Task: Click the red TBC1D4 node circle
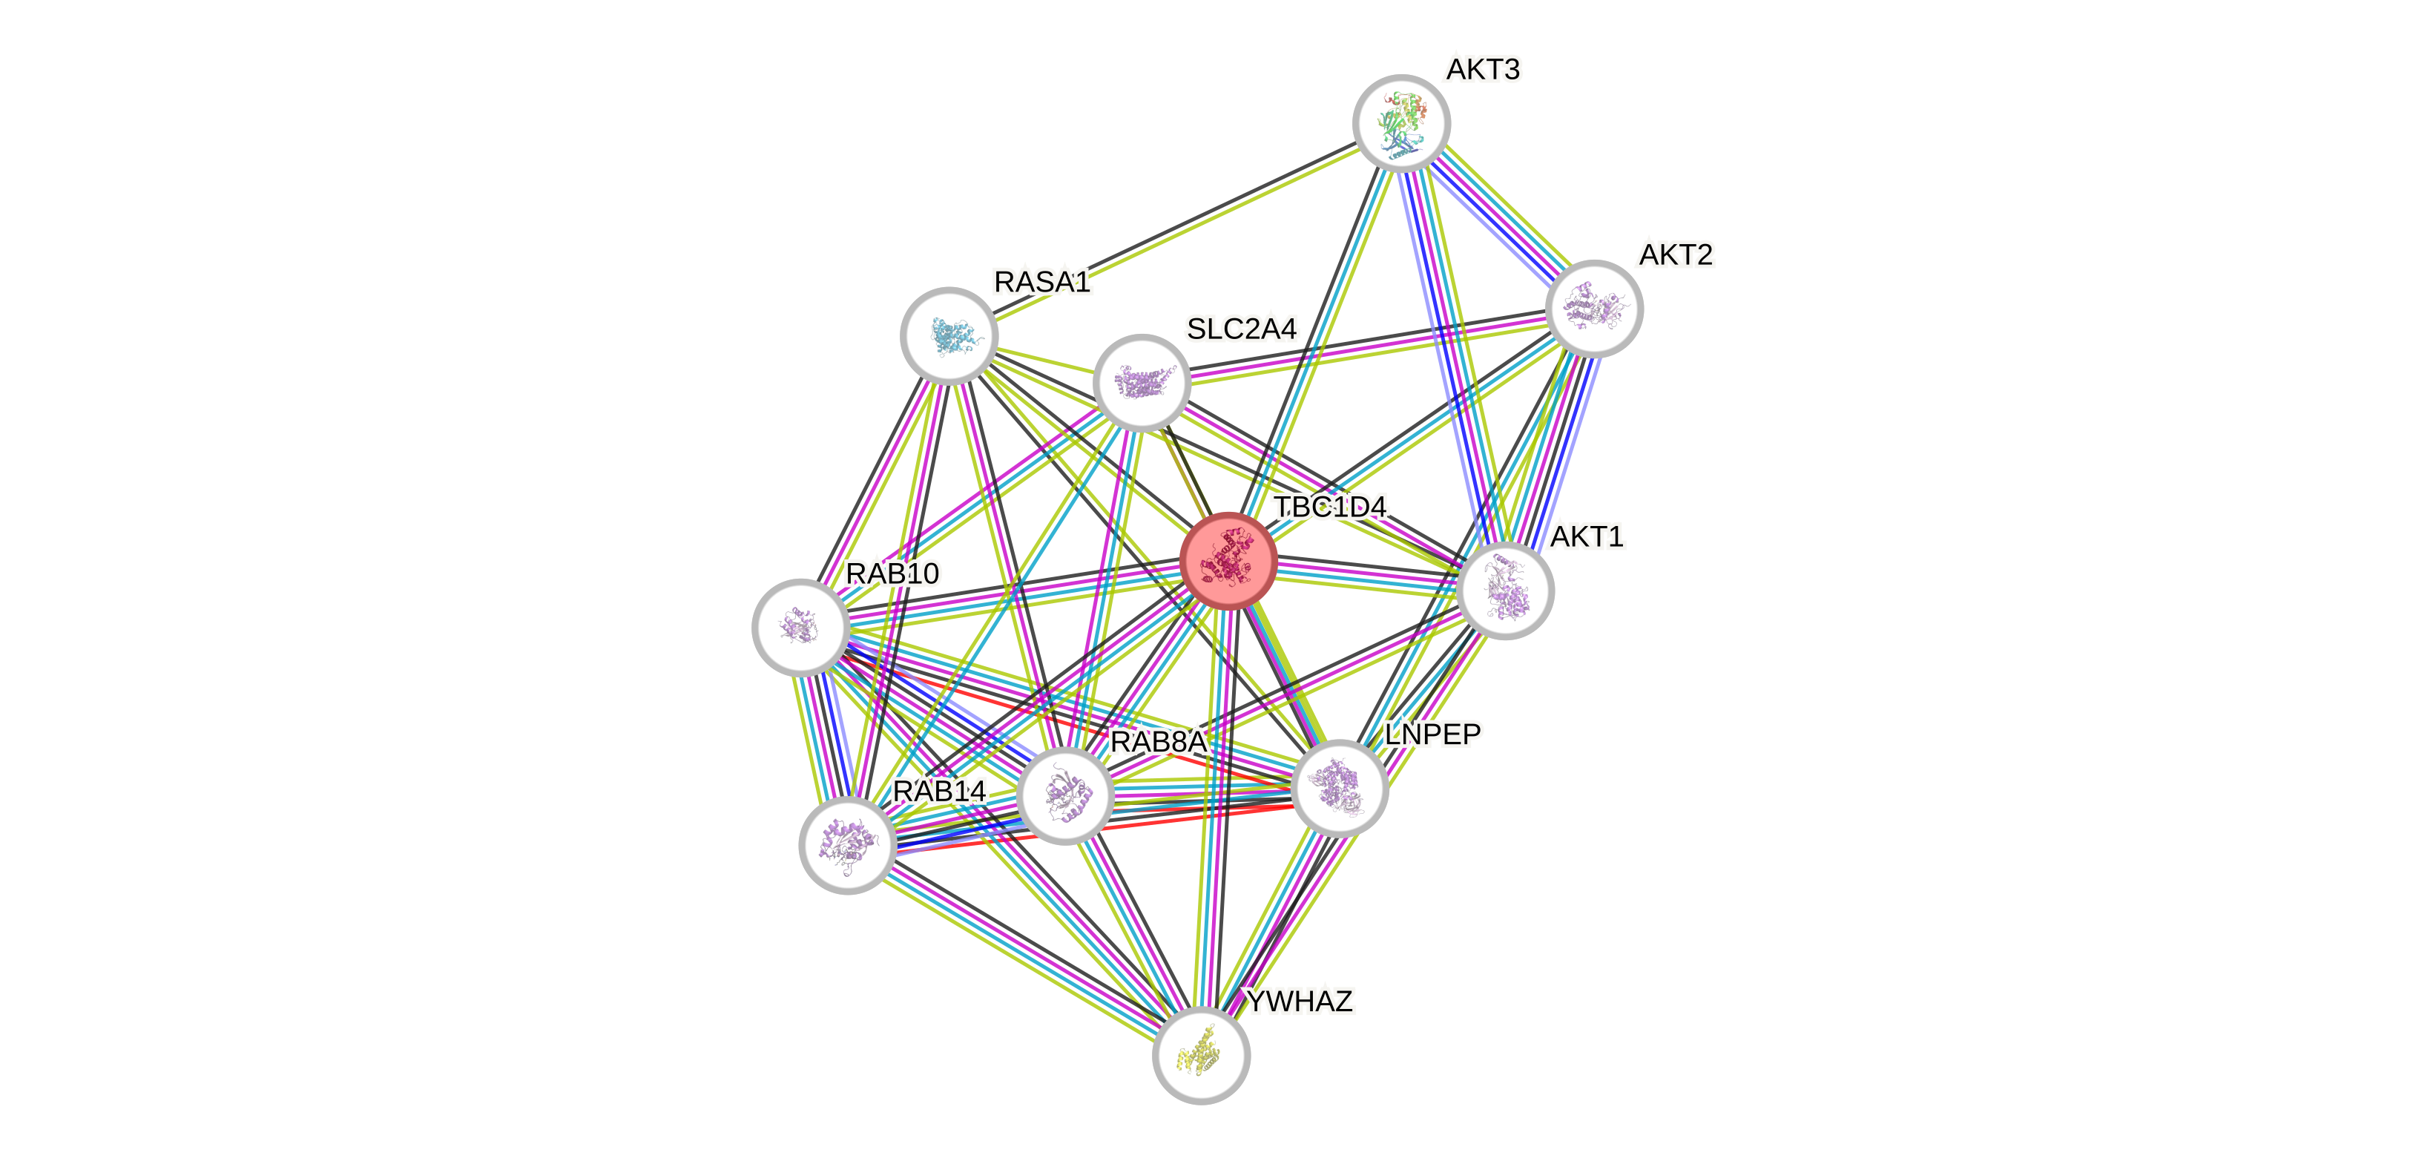(1228, 561)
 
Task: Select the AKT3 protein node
(1401, 122)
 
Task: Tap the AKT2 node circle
(1593, 308)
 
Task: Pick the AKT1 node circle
(1505, 591)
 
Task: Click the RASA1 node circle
(949, 335)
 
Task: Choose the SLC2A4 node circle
(1142, 382)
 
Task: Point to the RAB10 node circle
(801, 627)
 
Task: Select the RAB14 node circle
(848, 845)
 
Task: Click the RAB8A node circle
(1065, 796)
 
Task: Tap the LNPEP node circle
(1339, 786)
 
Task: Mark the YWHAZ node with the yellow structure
(1201, 1056)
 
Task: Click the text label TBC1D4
(1329, 507)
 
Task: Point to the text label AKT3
(1483, 69)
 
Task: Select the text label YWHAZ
(1300, 1002)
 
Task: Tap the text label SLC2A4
(1241, 329)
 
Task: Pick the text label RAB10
(892, 573)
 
